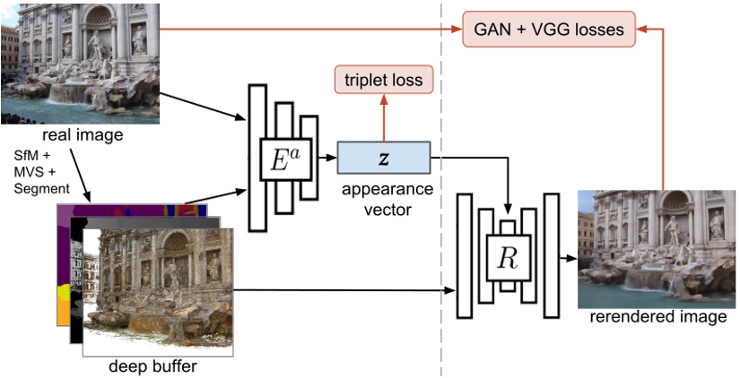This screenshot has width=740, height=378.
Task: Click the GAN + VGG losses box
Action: tap(549, 30)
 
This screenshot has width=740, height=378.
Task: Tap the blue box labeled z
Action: tap(384, 157)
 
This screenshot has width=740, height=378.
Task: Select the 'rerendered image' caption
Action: tap(658, 317)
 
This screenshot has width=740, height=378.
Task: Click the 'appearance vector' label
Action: tap(384, 198)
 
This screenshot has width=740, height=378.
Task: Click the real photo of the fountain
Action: tap(81, 63)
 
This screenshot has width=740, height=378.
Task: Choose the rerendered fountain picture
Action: tap(658, 248)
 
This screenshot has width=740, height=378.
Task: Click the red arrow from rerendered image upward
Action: tap(663, 107)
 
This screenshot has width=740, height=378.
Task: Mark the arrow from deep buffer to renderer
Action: tap(341, 290)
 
